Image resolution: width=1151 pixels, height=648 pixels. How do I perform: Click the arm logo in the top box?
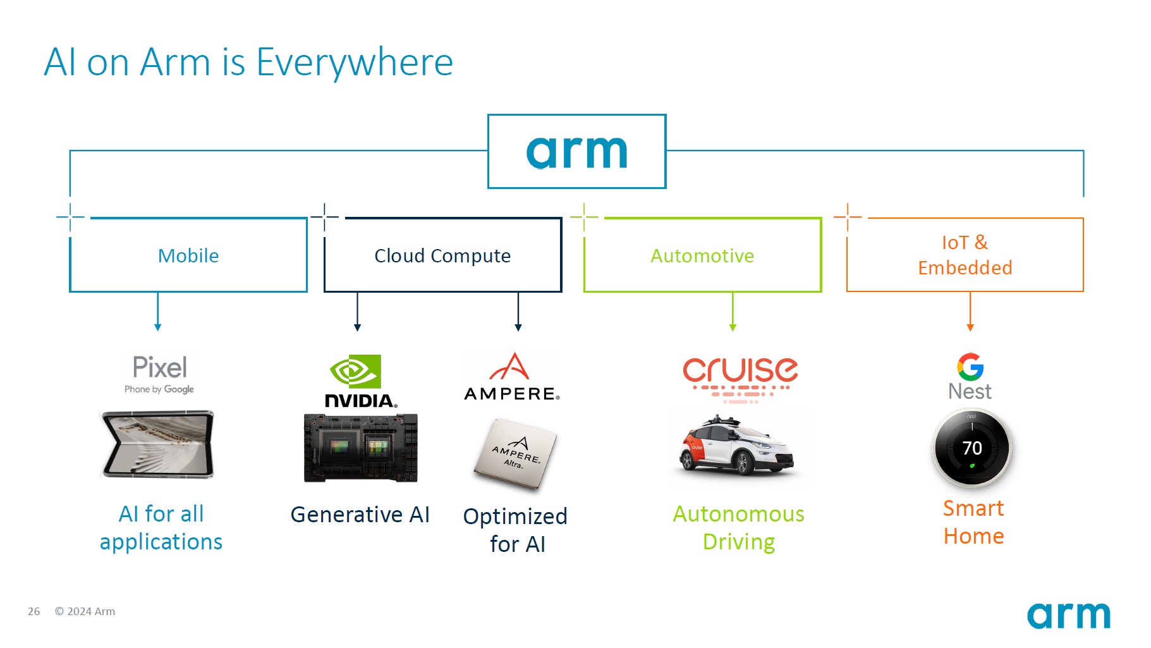[576, 152]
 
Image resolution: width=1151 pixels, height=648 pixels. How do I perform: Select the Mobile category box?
[188, 255]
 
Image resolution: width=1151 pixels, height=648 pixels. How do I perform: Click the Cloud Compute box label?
[442, 255]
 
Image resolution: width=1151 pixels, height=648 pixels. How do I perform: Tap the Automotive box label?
[702, 255]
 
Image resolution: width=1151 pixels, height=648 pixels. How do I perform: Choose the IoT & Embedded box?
[965, 255]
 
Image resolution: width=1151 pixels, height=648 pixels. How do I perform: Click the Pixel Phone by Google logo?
[159, 374]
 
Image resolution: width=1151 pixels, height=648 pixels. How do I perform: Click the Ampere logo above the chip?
[513, 377]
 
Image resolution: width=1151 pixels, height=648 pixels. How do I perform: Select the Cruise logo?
[740, 377]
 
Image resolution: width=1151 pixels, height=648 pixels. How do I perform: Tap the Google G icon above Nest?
[970, 367]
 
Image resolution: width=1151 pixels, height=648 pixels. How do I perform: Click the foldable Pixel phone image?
[159, 444]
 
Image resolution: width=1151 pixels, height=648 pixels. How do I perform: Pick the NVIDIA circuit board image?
[360, 448]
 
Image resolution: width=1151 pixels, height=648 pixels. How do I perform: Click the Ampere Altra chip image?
[516, 453]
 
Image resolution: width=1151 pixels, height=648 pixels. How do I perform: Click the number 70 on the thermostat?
[972, 448]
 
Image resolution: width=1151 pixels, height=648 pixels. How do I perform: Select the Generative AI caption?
[360, 515]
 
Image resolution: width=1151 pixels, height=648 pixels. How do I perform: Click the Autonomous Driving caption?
[738, 528]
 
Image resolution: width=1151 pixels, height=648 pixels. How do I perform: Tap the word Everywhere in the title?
[355, 63]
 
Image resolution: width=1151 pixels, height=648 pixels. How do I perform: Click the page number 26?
[34, 611]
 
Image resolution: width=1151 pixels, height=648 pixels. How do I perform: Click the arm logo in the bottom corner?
[1068, 616]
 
